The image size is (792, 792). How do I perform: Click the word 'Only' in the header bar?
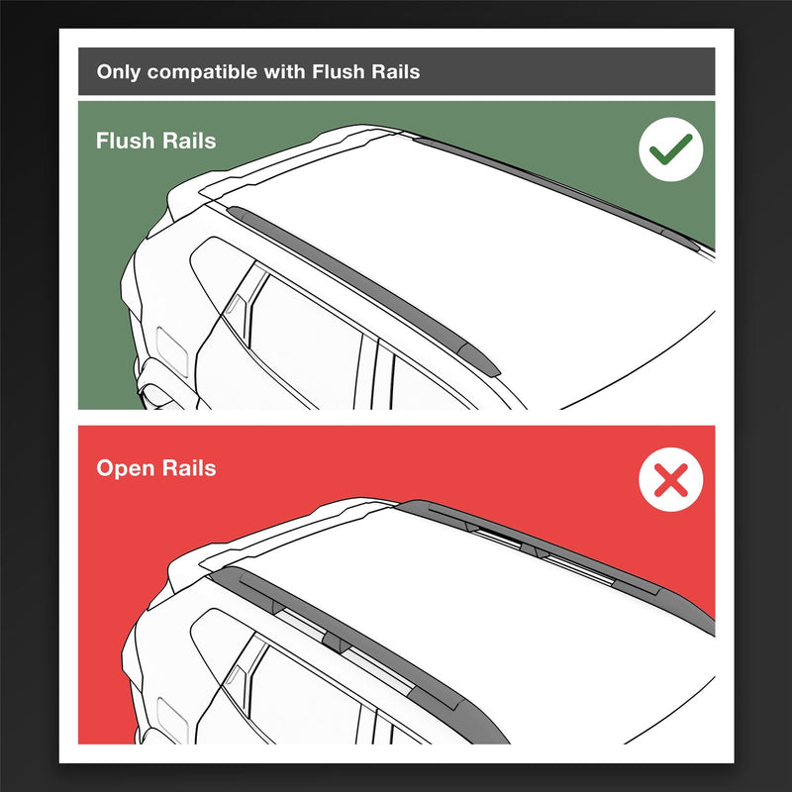point(118,72)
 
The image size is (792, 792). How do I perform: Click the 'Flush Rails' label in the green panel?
point(155,141)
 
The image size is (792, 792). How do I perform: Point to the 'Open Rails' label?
point(155,467)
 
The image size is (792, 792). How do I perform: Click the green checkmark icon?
point(670,150)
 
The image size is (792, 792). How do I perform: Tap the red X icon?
point(670,482)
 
